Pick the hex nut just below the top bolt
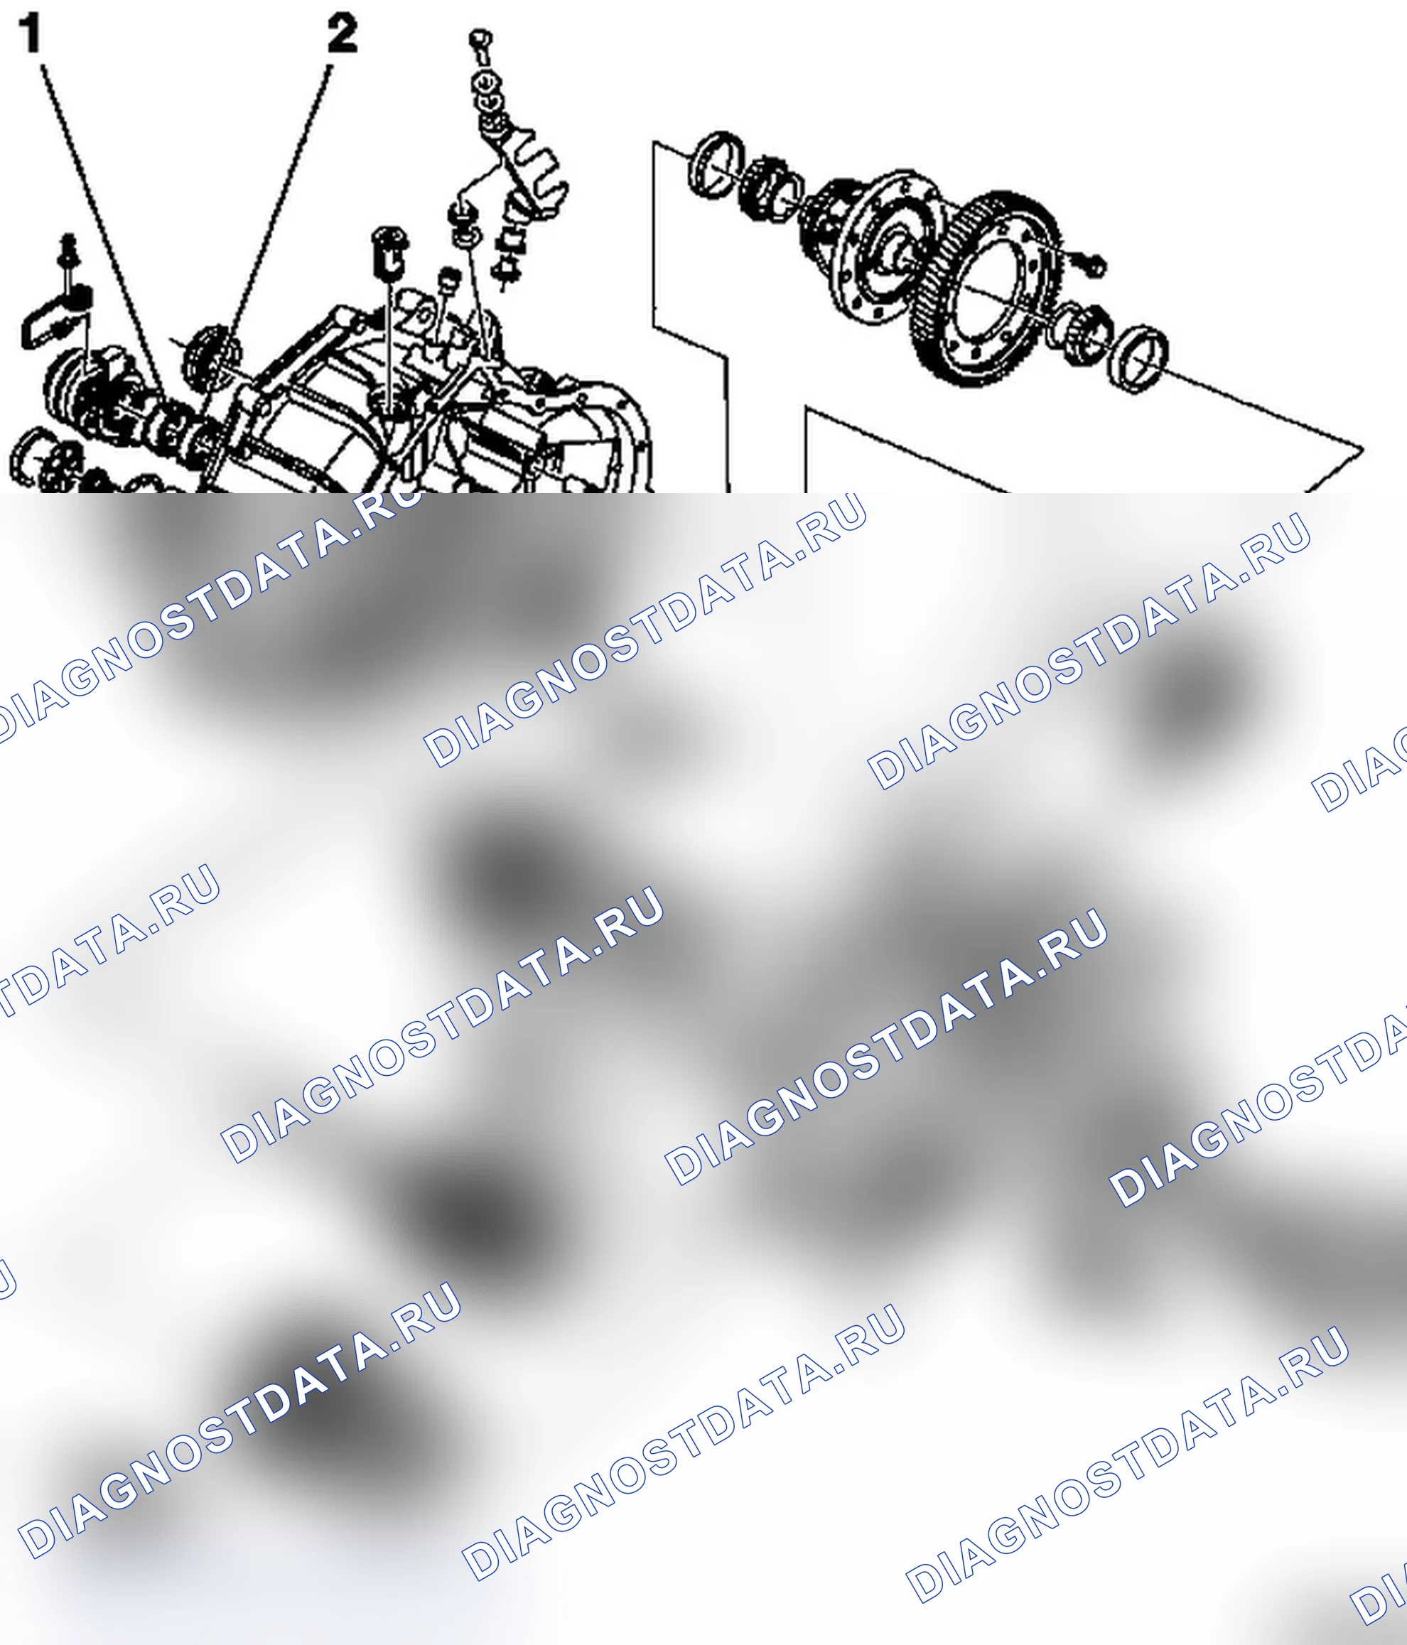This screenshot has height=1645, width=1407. click(483, 81)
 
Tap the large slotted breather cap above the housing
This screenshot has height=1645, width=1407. click(390, 251)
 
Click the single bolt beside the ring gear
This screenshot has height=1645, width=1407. click(1093, 264)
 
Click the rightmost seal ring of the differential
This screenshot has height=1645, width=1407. click(1138, 357)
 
